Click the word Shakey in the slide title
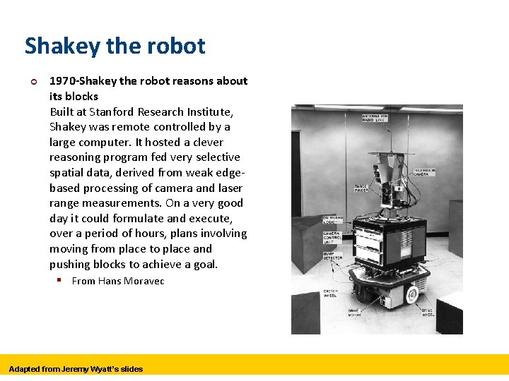[x=62, y=47]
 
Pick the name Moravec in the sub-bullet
[x=145, y=281]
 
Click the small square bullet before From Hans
[x=61, y=281]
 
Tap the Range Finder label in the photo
[x=361, y=188]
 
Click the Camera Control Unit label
[x=332, y=237]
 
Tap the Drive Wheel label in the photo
[x=428, y=312]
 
